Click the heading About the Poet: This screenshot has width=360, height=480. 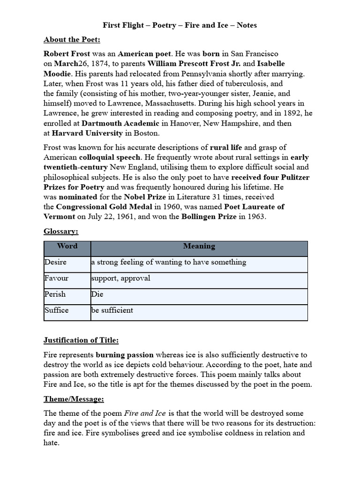pyautogui.click(x=72, y=39)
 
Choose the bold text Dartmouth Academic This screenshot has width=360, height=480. pyautogui.click(x=120, y=123)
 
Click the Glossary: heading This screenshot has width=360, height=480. pyautogui.click(x=61, y=231)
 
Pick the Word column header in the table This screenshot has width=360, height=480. pyautogui.click(x=67, y=246)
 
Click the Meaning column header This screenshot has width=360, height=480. pyautogui.click(x=199, y=246)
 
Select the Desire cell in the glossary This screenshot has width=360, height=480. pyautogui.click(x=56, y=262)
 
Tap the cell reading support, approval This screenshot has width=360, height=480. pyautogui.click(x=121, y=278)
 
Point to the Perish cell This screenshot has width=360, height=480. pyautogui.click(x=55, y=294)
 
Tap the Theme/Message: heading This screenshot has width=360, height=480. pyautogui.click(x=74, y=399)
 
